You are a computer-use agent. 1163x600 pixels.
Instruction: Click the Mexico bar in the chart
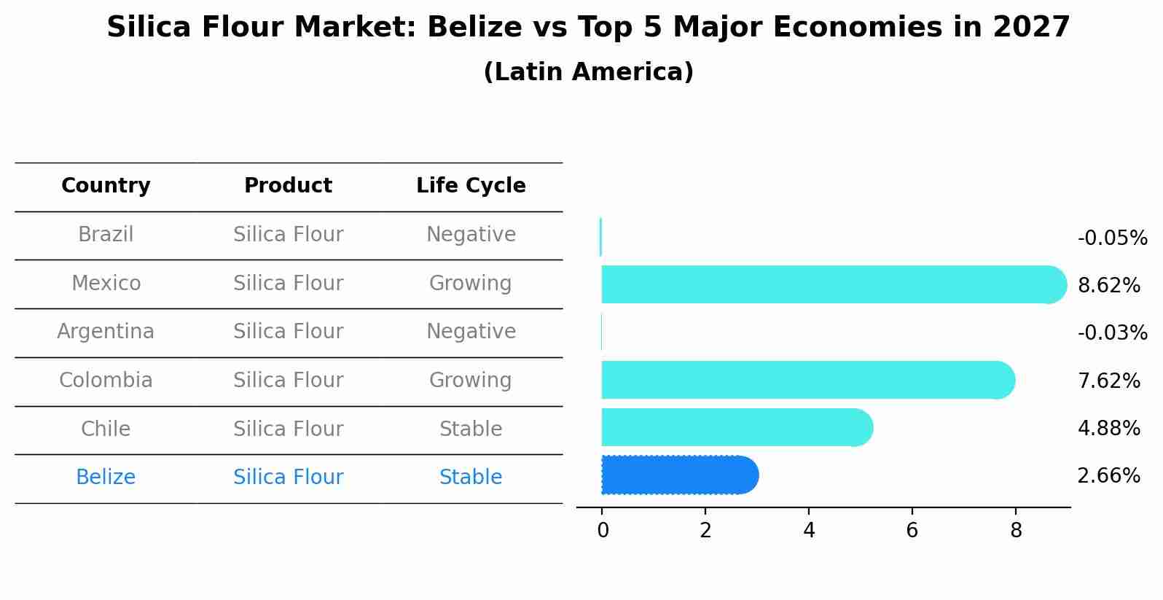[x=831, y=284]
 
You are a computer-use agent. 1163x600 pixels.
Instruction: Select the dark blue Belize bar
[x=678, y=475]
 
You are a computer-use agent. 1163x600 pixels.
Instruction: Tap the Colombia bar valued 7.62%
[x=805, y=380]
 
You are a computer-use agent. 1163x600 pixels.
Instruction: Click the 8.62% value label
[x=1108, y=286]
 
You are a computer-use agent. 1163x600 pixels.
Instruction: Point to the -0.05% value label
[x=1112, y=238]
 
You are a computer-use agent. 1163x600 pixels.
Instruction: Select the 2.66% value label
[x=1108, y=476]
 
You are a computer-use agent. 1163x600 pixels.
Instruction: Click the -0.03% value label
[x=1112, y=333]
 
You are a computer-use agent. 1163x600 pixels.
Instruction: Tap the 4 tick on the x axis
[x=809, y=531]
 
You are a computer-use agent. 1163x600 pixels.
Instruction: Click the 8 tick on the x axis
[x=1016, y=531]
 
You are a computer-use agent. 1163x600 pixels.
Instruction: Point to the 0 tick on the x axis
[x=603, y=531]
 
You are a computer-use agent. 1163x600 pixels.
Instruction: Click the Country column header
[x=106, y=186]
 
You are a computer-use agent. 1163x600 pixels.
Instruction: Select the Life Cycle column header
[x=471, y=186]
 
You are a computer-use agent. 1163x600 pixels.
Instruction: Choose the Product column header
[x=288, y=186]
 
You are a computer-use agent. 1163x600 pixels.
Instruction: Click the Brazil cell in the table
[x=106, y=235]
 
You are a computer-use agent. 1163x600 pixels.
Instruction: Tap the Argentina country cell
[x=106, y=332]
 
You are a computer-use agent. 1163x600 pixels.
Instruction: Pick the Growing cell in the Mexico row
[x=471, y=283]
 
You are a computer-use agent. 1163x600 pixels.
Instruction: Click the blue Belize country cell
[x=106, y=478]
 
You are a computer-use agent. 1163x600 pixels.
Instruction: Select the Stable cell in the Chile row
[x=471, y=429]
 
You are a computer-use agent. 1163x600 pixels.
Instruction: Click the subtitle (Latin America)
[x=588, y=72]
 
